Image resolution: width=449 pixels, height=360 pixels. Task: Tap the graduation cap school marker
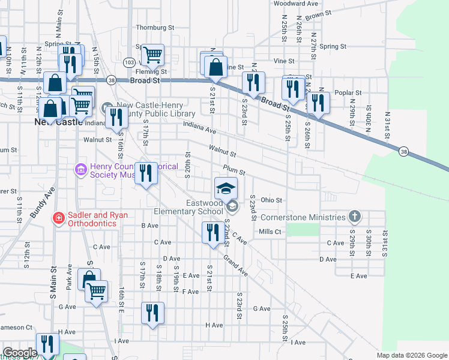pos(226,188)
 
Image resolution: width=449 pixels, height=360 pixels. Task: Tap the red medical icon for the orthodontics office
pos(59,217)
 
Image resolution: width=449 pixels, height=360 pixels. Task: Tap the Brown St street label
pos(318,14)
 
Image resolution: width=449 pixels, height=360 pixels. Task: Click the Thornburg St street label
pos(154,28)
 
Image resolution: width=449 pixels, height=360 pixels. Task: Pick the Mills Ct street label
pos(270,231)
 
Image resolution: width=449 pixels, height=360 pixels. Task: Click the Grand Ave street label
pos(235,265)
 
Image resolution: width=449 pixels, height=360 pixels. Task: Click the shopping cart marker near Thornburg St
pos(152,55)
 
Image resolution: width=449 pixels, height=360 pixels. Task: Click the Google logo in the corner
pos(20,353)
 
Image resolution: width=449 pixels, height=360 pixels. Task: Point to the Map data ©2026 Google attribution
pos(411,355)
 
